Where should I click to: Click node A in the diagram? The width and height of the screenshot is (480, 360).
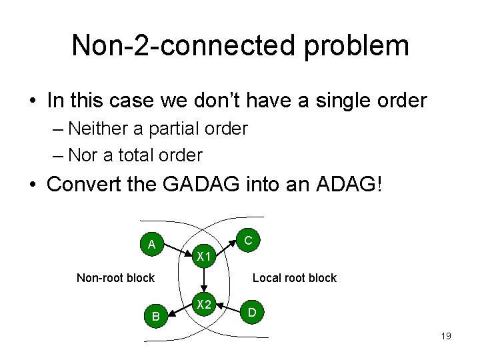(x=153, y=244)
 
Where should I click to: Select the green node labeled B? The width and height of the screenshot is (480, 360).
(x=156, y=316)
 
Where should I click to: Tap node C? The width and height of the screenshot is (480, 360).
(x=247, y=239)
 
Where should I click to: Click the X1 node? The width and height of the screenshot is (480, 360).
(x=203, y=257)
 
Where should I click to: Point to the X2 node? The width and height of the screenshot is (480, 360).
(x=203, y=305)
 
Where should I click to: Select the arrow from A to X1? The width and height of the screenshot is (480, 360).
(x=178, y=251)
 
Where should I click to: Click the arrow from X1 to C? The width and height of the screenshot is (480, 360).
(x=225, y=248)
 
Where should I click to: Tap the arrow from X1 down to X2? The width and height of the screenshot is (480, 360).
(x=203, y=281)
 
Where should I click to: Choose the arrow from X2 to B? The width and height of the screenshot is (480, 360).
(x=179, y=310)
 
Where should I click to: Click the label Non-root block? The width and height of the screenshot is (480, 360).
(x=115, y=278)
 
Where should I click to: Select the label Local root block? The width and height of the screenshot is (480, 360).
(x=295, y=278)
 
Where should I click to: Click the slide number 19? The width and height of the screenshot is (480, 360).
(x=446, y=336)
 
